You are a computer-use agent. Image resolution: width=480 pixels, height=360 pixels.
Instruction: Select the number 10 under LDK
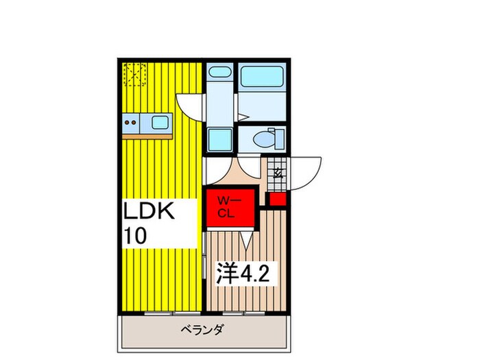click(x=134, y=236)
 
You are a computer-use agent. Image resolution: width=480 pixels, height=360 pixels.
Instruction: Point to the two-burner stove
click(x=131, y=123)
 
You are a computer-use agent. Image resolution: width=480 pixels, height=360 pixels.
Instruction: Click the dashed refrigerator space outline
click(x=134, y=74)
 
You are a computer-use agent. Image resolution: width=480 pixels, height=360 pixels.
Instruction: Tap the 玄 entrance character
click(x=278, y=173)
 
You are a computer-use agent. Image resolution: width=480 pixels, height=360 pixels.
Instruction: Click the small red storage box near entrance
click(x=277, y=200)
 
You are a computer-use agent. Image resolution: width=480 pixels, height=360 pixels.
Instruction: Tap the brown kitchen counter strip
click(x=147, y=136)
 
